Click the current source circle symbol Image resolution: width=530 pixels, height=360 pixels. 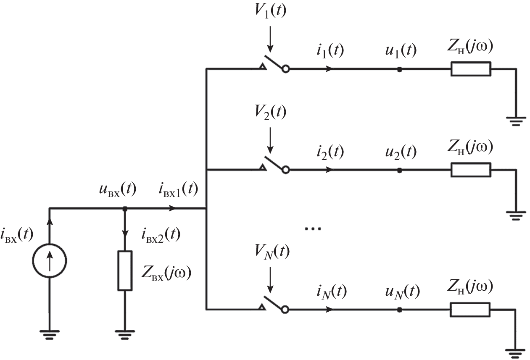coord(50,261)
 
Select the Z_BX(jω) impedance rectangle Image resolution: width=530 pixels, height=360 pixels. coord(125,271)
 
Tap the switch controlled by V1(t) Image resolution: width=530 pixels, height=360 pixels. coord(275,64)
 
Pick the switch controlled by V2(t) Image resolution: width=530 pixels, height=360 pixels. coord(275,165)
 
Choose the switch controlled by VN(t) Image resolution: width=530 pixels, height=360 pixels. coord(275,305)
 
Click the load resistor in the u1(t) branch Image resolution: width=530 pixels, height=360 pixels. coord(470,69)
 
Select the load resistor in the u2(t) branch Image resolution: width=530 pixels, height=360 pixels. coord(470,170)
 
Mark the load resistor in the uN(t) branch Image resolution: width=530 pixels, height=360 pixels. coord(470,310)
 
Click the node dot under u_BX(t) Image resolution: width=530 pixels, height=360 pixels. coord(125,208)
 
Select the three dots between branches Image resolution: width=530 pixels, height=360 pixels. coord(313,229)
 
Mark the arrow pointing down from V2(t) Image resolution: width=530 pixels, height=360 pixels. coord(270,142)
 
